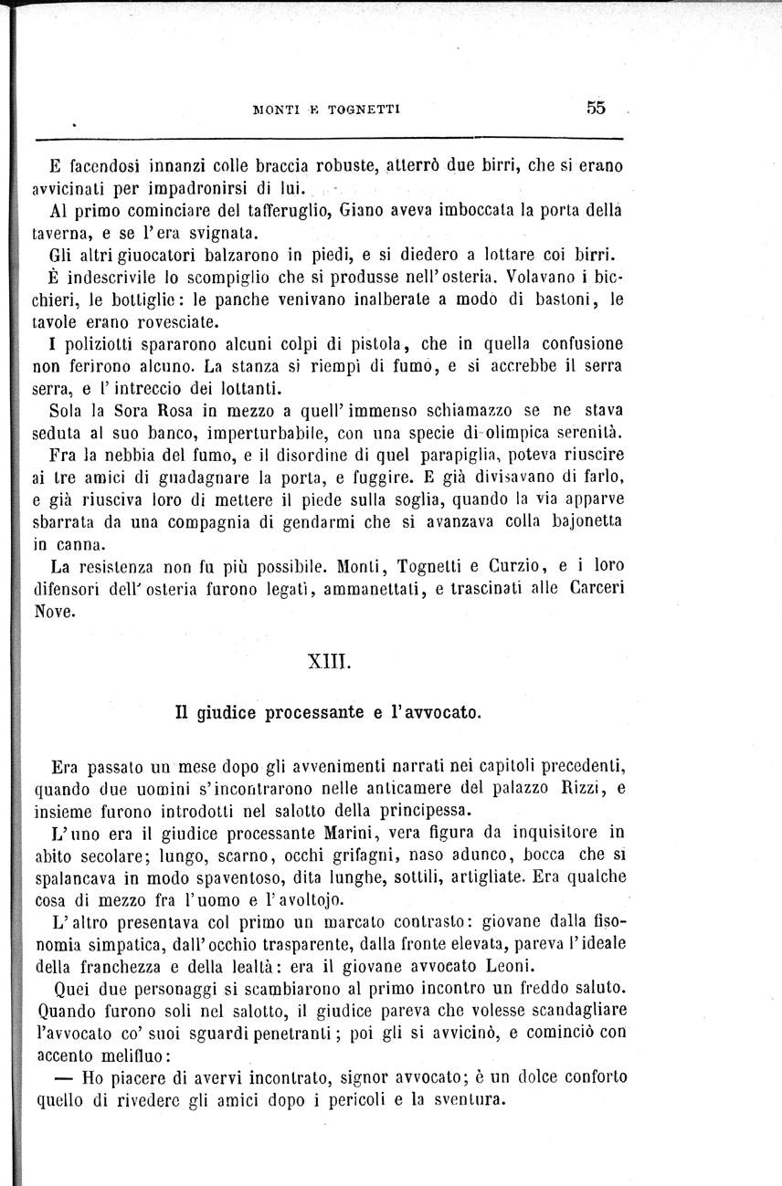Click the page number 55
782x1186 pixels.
coord(597,107)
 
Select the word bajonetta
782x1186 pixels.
coord(580,521)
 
